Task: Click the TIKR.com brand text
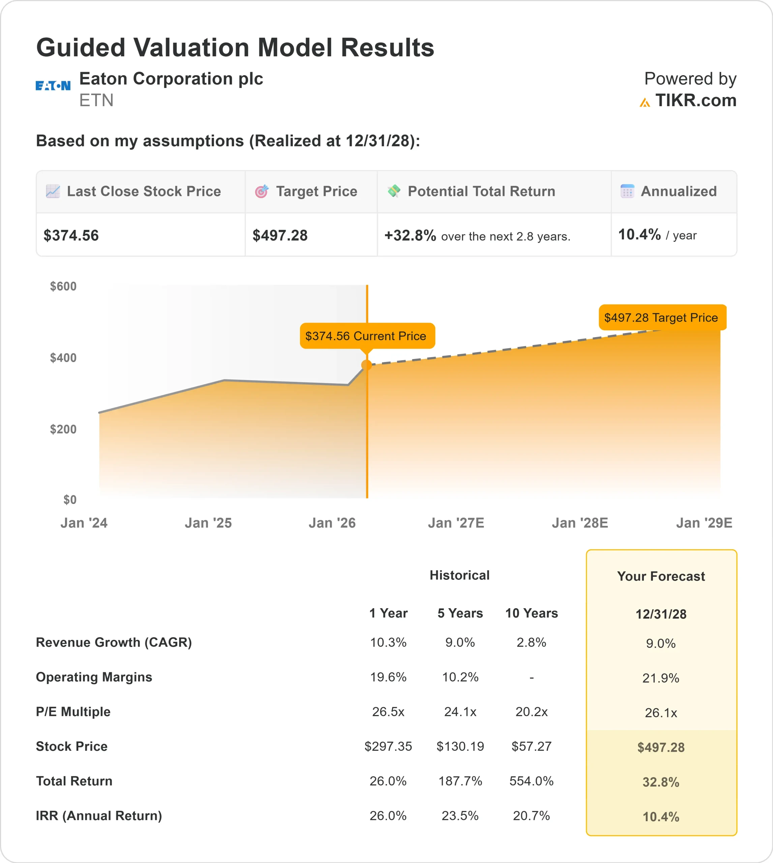coord(695,101)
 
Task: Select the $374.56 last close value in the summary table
coord(71,235)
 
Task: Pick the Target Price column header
coord(317,191)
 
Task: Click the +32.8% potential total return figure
coord(410,235)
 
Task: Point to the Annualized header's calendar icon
coord(627,191)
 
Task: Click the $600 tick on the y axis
coord(63,286)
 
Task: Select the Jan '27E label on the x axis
coord(456,523)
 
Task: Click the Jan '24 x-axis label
coord(84,523)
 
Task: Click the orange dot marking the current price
coord(366,365)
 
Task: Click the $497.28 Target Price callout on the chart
coord(662,317)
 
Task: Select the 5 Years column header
coord(460,613)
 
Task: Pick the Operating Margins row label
coord(94,677)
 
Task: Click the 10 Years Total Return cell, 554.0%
coord(531,781)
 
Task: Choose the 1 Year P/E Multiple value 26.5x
coord(388,711)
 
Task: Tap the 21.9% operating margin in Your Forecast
coord(660,678)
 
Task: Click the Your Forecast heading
coord(661,576)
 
